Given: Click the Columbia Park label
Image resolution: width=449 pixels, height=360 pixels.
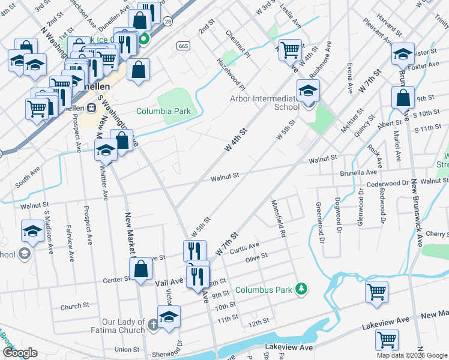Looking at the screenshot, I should (163, 111).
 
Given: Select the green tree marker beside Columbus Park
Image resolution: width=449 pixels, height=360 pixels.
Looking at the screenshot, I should (302, 290).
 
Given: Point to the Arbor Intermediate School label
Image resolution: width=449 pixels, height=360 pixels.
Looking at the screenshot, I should (266, 103).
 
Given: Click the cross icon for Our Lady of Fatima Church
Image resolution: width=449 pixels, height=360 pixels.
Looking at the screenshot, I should (153, 325).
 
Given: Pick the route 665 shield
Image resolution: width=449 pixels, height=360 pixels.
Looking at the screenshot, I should (183, 46).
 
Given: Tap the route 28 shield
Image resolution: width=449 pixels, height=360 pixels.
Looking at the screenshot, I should (167, 22).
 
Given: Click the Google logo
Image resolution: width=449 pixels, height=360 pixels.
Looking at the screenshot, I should (20, 353).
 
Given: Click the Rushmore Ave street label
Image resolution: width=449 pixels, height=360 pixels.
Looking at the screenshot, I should (320, 59).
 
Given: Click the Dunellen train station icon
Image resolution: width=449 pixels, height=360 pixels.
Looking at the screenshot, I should (92, 108).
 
